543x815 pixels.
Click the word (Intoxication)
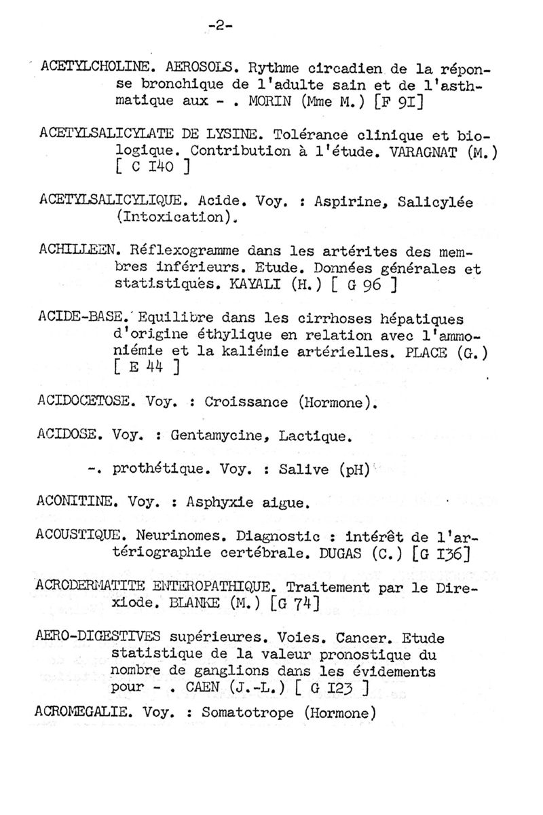coord(176,218)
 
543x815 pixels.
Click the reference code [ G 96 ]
coord(364,285)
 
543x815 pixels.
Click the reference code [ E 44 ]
coord(147,369)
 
